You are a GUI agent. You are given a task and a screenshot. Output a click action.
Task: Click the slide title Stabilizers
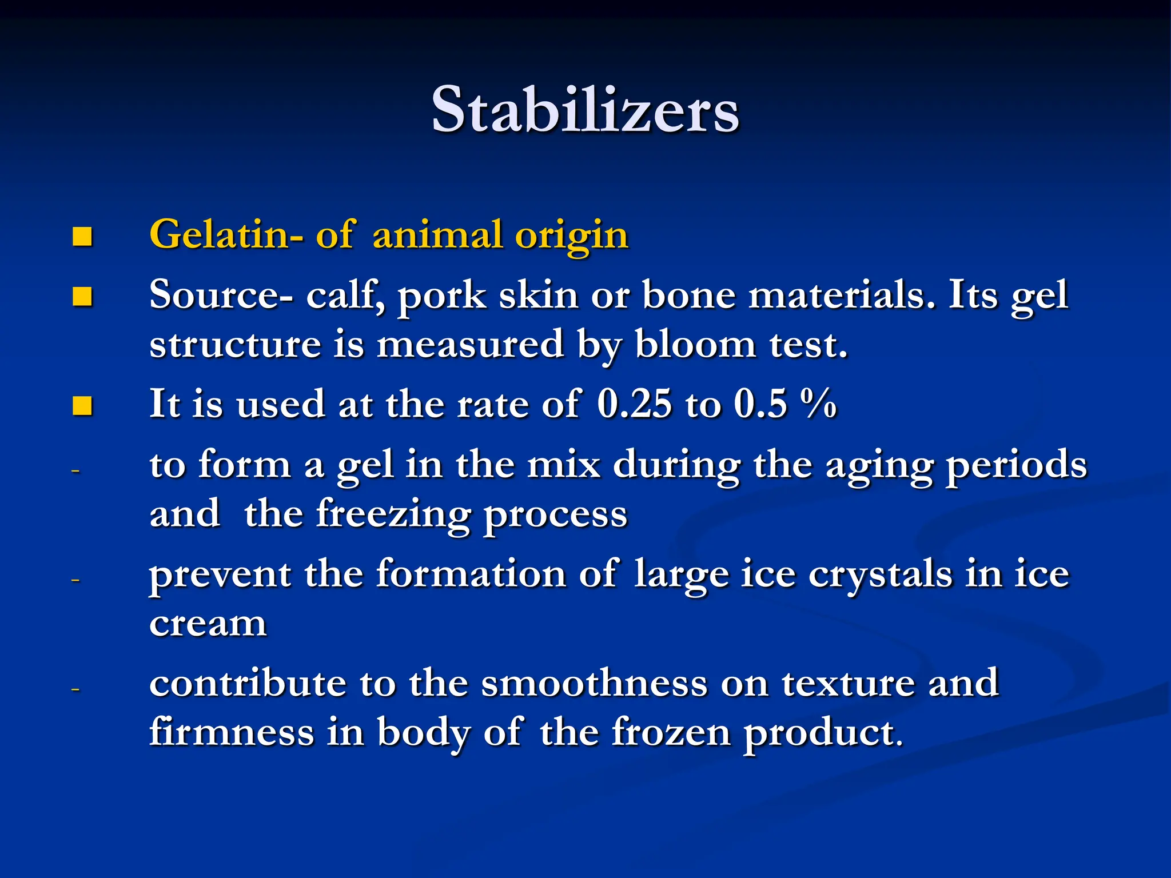click(x=585, y=110)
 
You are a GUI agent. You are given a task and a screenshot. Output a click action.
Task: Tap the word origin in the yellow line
click(x=571, y=236)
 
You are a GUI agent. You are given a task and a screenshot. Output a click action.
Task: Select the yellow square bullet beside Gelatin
click(x=82, y=236)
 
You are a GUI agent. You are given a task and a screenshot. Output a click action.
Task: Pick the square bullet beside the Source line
click(x=82, y=297)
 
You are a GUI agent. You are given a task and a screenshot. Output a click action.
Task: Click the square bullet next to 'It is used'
click(x=82, y=406)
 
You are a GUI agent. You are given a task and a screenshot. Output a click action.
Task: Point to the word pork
click(x=441, y=297)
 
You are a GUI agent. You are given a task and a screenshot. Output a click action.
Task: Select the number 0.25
click(x=634, y=404)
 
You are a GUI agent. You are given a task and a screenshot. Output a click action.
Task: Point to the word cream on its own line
click(x=208, y=623)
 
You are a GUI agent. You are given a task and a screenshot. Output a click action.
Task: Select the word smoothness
click(x=594, y=683)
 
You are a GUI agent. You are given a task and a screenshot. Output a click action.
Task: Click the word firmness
click(x=232, y=732)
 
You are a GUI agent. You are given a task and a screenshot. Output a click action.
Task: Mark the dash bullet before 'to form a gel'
click(x=75, y=471)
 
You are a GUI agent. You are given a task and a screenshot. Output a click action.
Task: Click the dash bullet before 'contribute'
click(x=75, y=689)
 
